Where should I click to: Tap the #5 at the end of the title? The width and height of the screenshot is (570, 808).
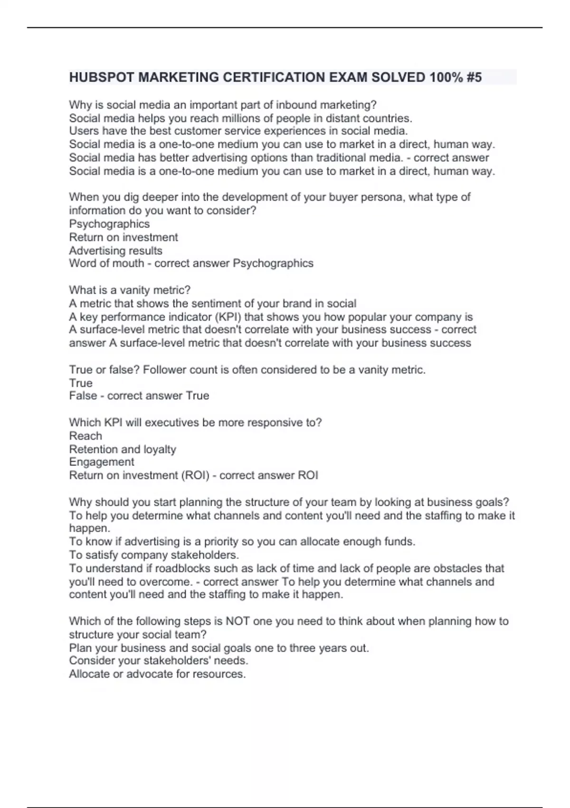pos(474,77)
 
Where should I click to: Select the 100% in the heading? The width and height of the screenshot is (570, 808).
pos(446,77)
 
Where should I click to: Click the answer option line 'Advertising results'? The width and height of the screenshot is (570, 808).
pos(115,250)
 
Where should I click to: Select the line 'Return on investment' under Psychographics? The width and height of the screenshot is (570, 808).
pos(123,237)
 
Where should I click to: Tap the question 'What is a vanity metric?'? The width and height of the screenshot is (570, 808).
pos(130,290)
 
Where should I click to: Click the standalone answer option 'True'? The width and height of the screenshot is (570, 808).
pos(81,383)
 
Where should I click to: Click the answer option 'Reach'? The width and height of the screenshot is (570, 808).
pos(85,436)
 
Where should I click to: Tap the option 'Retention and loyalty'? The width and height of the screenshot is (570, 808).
pos(123,449)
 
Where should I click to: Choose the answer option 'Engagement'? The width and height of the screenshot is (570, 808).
pos(102,462)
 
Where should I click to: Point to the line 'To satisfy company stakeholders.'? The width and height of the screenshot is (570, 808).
pos(154,555)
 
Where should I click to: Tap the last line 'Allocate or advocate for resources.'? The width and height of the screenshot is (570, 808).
pos(157,674)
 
